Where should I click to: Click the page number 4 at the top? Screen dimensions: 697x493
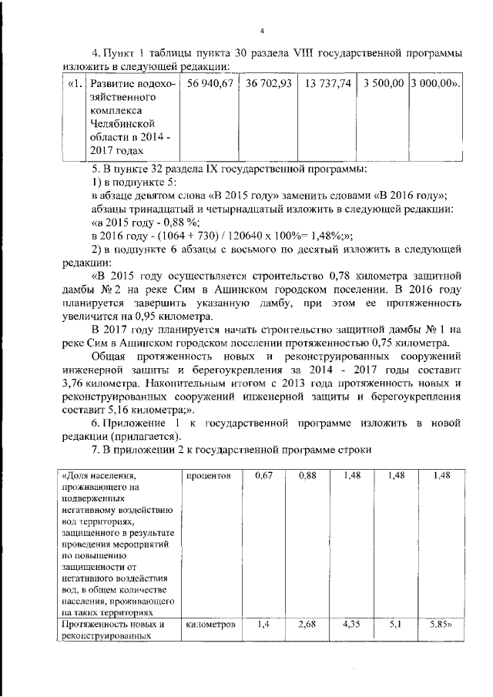tap(262, 31)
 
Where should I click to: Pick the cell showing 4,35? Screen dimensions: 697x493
tap(351, 625)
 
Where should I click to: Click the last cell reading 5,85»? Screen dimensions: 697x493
tap(442, 625)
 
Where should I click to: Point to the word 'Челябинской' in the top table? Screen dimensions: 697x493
tap(122, 124)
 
